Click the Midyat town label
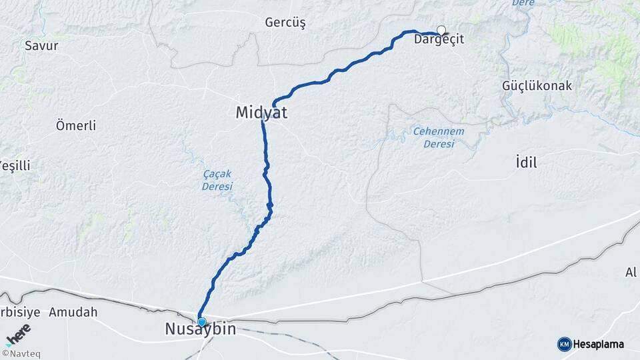[x=261, y=113]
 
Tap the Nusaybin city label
[x=200, y=329]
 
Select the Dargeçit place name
[x=439, y=40]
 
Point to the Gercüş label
[x=285, y=23]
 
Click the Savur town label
[x=41, y=46]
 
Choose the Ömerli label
[x=76, y=125]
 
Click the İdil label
[x=526, y=162]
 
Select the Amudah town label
[x=73, y=312]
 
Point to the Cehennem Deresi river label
[x=438, y=137]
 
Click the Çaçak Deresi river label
[x=217, y=180]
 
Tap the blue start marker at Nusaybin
[x=201, y=322]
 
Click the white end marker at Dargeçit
[x=441, y=29]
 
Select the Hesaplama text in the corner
[x=599, y=344]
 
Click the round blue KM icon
[x=564, y=344]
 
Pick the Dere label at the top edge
[x=523, y=3]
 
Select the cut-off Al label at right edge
[x=631, y=271]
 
